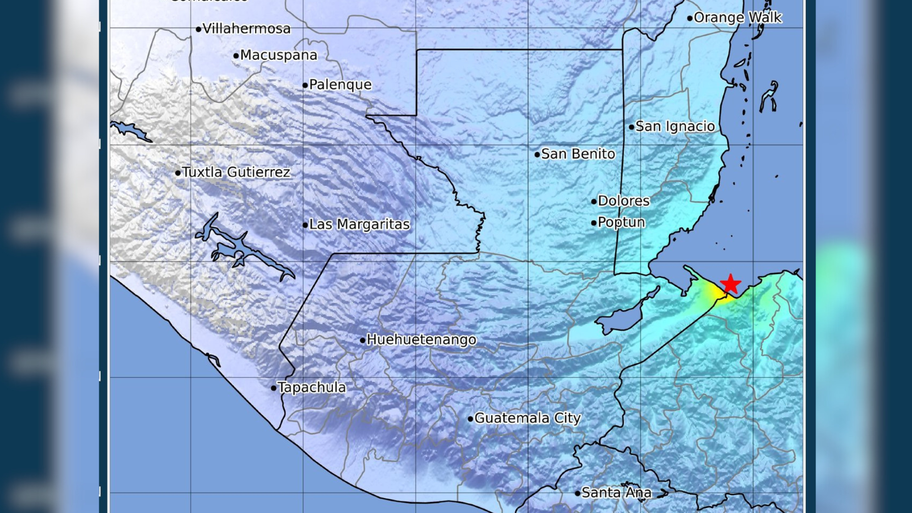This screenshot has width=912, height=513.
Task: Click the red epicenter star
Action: pyautogui.click(x=731, y=284)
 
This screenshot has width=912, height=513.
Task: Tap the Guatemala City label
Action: pyautogui.click(x=527, y=418)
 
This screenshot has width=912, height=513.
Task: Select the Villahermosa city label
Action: pyautogui.click(x=246, y=28)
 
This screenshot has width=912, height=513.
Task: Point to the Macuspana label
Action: pyautogui.click(x=278, y=55)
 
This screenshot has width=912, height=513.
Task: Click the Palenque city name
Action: pyautogui.click(x=340, y=85)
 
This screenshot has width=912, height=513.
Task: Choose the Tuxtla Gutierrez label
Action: pyautogui.click(x=236, y=172)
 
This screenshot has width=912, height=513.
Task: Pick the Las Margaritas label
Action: pyautogui.click(x=359, y=224)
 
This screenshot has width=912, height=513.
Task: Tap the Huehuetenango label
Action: pyautogui.click(x=421, y=340)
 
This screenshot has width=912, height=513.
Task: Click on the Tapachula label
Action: pyautogui.click(x=312, y=387)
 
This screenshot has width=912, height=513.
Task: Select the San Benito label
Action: pyautogui.click(x=578, y=154)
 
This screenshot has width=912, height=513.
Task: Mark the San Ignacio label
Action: pyautogui.click(x=675, y=126)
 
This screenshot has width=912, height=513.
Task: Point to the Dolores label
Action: pyautogui.click(x=623, y=201)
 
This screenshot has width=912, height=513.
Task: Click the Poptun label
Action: pyautogui.click(x=621, y=222)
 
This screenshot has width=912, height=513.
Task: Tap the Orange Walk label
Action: pyautogui.click(x=737, y=18)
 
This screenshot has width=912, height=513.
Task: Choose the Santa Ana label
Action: pyautogui.click(x=616, y=493)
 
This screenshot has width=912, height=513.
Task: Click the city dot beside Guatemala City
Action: pyautogui.click(x=470, y=419)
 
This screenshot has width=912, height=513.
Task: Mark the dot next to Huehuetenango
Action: pyautogui.click(x=362, y=340)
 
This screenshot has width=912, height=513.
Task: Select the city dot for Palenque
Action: pyautogui.click(x=305, y=85)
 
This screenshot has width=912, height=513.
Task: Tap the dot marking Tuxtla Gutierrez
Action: pyautogui.click(x=178, y=173)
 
